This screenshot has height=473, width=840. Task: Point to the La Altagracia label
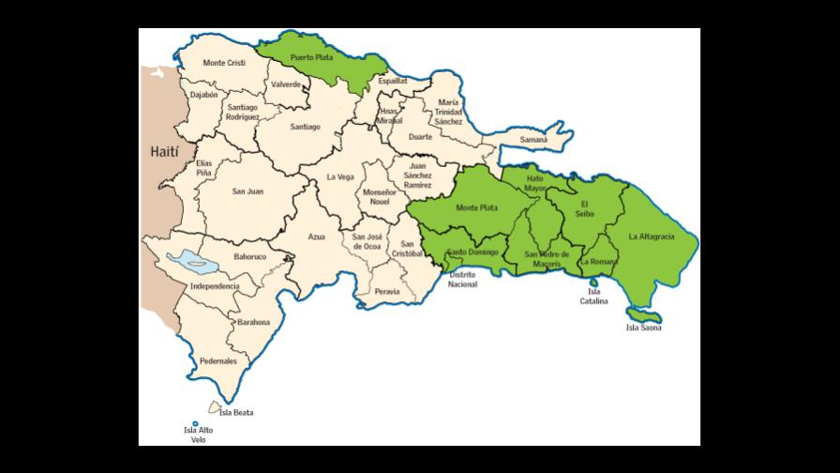tap(652, 236)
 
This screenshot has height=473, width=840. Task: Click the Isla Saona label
tap(644, 328)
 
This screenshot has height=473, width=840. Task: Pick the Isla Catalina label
tap(593, 297)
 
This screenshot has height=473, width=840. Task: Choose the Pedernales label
tap(218, 360)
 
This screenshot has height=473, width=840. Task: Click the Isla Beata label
tap(236, 412)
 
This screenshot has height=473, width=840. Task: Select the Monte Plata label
tap(476, 207)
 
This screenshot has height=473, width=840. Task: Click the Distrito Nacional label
tap(462, 279)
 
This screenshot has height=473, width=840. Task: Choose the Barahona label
tap(253, 322)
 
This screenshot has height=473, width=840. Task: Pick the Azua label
tap(316, 236)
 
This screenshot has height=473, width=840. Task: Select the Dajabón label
tap(203, 95)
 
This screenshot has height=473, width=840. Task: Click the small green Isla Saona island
tap(642, 313)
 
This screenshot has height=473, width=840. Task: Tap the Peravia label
tap(386, 292)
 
